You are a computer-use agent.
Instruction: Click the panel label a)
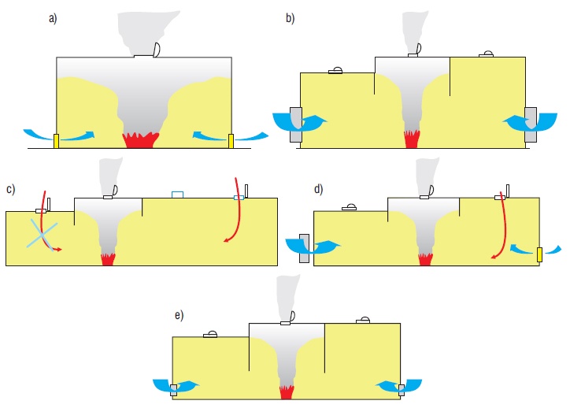(x=53, y=18)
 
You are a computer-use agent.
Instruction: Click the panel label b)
(x=290, y=18)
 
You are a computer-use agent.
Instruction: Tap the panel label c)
(x=10, y=189)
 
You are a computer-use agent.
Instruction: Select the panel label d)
(x=318, y=189)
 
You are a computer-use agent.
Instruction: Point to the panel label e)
(x=179, y=315)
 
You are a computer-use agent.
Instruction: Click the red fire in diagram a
(x=141, y=140)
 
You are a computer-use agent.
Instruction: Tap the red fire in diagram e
(x=286, y=392)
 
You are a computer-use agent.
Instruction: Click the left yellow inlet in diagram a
(x=57, y=141)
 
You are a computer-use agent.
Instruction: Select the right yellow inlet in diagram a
(x=231, y=141)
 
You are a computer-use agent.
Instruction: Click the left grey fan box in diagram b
(x=296, y=124)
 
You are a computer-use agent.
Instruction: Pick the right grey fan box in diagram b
(x=531, y=124)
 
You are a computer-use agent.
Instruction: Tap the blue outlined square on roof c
(x=177, y=195)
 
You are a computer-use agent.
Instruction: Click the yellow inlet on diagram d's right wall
(x=539, y=254)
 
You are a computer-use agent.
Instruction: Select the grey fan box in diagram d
(x=304, y=248)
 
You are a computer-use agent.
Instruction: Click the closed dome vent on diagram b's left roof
(x=335, y=71)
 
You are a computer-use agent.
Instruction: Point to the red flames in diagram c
(x=108, y=259)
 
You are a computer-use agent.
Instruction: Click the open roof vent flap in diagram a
(x=157, y=50)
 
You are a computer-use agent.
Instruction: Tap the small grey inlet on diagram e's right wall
(x=402, y=390)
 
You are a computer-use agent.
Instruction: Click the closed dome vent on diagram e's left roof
(x=210, y=335)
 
